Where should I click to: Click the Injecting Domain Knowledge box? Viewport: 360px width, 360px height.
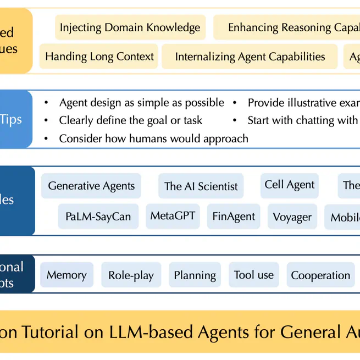(130, 27)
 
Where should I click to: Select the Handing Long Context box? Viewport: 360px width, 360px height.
(99, 57)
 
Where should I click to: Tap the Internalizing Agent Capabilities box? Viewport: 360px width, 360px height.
(250, 57)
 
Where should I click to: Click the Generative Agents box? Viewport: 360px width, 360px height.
(91, 186)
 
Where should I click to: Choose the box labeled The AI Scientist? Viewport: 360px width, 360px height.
(201, 186)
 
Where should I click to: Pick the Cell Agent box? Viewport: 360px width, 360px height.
(290, 185)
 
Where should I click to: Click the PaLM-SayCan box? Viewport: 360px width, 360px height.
(98, 217)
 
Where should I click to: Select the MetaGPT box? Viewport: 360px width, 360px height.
(173, 216)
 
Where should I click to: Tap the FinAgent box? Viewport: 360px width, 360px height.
(234, 217)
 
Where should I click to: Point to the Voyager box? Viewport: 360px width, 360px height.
(292, 217)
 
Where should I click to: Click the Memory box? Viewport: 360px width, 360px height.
(67, 275)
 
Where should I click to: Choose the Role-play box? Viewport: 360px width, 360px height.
(131, 275)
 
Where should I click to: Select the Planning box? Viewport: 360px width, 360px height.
(195, 275)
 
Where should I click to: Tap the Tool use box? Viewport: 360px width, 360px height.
(253, 275)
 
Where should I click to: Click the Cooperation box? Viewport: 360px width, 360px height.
(320, 275)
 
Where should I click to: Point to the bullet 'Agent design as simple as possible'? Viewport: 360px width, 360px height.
(141, 103)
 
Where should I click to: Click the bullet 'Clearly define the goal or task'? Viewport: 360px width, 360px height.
(130, 120)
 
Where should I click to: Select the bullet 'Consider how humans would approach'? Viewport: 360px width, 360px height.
(153, 139)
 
